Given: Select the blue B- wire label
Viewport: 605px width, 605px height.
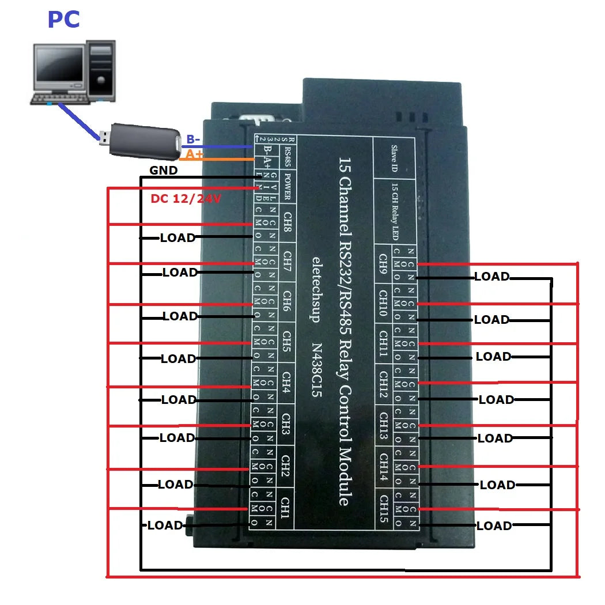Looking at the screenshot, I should (193, 139).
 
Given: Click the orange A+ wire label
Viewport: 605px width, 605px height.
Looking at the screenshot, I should (192, 154).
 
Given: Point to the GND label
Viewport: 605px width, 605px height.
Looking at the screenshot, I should (164, 171).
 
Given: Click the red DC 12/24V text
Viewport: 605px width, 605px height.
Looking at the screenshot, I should (186, 199).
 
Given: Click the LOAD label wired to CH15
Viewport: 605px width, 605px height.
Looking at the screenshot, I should (494, 525).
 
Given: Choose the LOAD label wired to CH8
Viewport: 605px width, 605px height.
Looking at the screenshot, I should (177, 237).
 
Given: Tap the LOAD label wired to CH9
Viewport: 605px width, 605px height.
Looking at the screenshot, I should (491, 277).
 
